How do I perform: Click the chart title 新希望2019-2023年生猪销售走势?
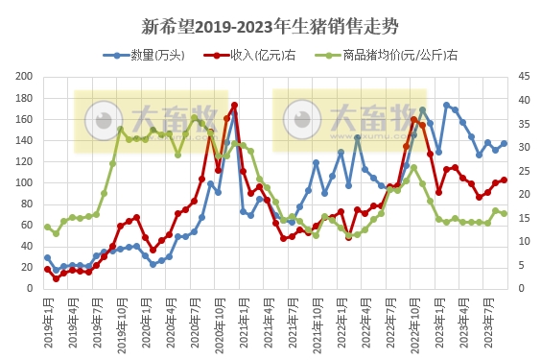coord(270,24)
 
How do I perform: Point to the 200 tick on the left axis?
coord(25,77)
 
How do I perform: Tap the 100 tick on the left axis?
coord(25,183)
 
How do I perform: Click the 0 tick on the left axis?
coord(31,289)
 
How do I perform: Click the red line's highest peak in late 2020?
coord(234,105)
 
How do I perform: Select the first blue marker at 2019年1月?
coord(47,258)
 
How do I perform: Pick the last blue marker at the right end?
coord(504,144)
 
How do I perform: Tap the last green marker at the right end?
coord(504,213)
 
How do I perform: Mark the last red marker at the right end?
coord(504,180)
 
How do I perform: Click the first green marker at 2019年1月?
coord(47,227)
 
